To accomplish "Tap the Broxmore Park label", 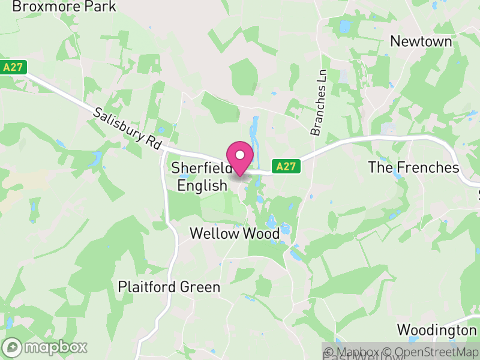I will pyautogui.click(x=64, y=7).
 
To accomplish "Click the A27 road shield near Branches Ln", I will pyautogui.click(x=286, y=167).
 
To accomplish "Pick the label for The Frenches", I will pyautogui.click(x=413, y=167).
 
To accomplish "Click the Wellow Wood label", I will pyautogui.click(x=235, y=233).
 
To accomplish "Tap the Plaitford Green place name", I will pyautogui.click(x=169, y=287).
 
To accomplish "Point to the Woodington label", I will pyautogui.click(x=436, y=330).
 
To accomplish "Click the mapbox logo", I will pyautogui.click(x=45, y=347).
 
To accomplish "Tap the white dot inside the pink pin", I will pyautogui.click(x=240, y=155).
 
